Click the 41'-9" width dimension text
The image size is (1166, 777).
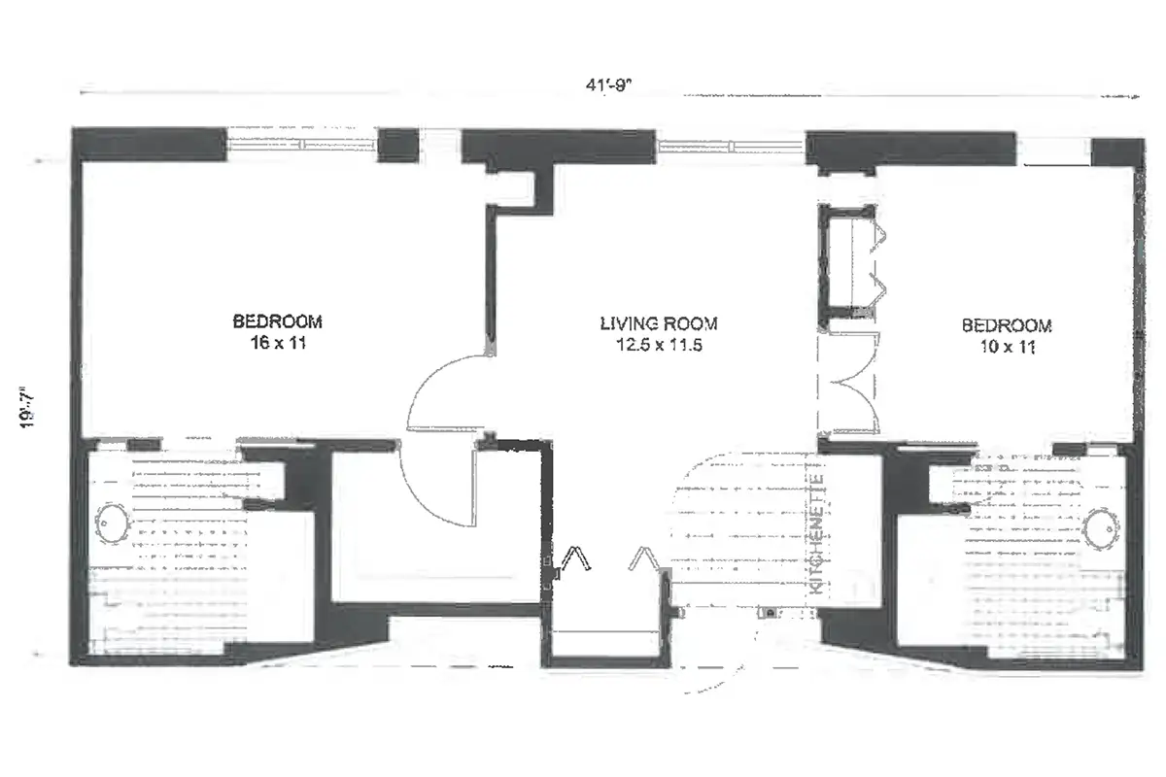608,84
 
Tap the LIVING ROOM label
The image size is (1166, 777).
658,324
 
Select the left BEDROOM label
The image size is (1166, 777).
277,321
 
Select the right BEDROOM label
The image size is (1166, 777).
1006,325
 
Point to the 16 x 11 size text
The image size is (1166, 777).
277,342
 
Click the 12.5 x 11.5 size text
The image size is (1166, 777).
658,344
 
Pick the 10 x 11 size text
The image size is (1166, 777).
1006,346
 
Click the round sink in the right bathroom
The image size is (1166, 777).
1106,530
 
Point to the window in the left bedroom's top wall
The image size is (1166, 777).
301,144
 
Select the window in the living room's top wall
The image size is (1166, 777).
731,147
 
